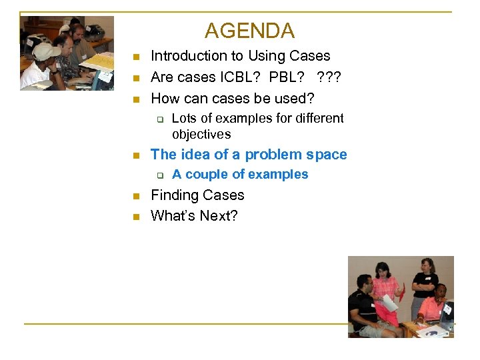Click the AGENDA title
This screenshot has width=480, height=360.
249,31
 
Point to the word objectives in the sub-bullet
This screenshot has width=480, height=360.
201,134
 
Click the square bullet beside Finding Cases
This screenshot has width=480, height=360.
135,197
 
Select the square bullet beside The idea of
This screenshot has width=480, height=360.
135,156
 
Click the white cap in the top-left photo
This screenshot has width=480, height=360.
45,51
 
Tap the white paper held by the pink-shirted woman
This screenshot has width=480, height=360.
389,302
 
